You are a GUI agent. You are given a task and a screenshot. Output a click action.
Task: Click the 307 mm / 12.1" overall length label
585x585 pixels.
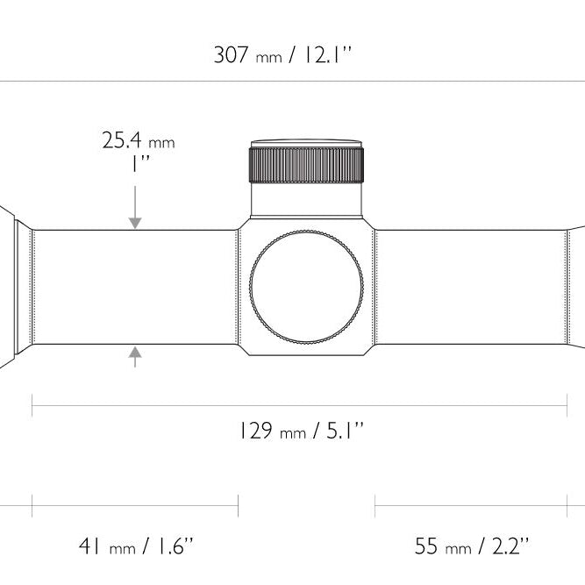coord(282,55)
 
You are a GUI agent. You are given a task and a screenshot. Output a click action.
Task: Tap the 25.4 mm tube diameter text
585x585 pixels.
coord(139,140)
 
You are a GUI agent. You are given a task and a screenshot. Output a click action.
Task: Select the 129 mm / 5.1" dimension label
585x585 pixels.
coord(301,431)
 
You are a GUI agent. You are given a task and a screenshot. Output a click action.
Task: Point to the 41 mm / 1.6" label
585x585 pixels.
coord(137,546)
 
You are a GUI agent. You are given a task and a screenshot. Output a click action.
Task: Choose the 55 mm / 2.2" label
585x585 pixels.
coord(472,546)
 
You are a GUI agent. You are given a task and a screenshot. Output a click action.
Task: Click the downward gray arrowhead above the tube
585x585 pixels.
coord(135,223)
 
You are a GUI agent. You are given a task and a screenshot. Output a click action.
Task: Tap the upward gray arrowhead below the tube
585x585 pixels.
coord(135,353)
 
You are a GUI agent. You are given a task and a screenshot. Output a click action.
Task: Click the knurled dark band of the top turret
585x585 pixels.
coord(306,165)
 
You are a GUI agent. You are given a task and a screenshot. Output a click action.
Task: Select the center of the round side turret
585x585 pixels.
coord(306,287)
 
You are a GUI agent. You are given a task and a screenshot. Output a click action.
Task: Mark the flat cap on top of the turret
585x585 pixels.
coord(306,144)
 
